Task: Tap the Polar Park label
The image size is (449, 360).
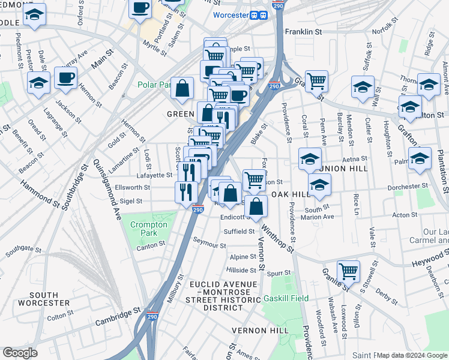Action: click(154, 85)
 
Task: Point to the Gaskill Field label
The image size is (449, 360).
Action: click(286, 298)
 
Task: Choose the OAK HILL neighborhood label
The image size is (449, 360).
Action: click(291, 195)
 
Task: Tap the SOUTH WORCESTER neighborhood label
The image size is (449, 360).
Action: click(52, 299)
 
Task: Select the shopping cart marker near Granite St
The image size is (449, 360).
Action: click(348, 271)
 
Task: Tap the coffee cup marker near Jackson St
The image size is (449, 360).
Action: click(65, 77)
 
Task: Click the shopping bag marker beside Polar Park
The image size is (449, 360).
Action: click(182, 88)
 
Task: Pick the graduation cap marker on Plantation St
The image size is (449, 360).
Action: click(420, 158)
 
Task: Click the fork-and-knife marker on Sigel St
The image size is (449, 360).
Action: click(186, 191)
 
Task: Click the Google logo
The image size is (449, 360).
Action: click(20, 353)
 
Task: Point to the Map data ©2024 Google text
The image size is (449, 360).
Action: click(412, 355)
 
